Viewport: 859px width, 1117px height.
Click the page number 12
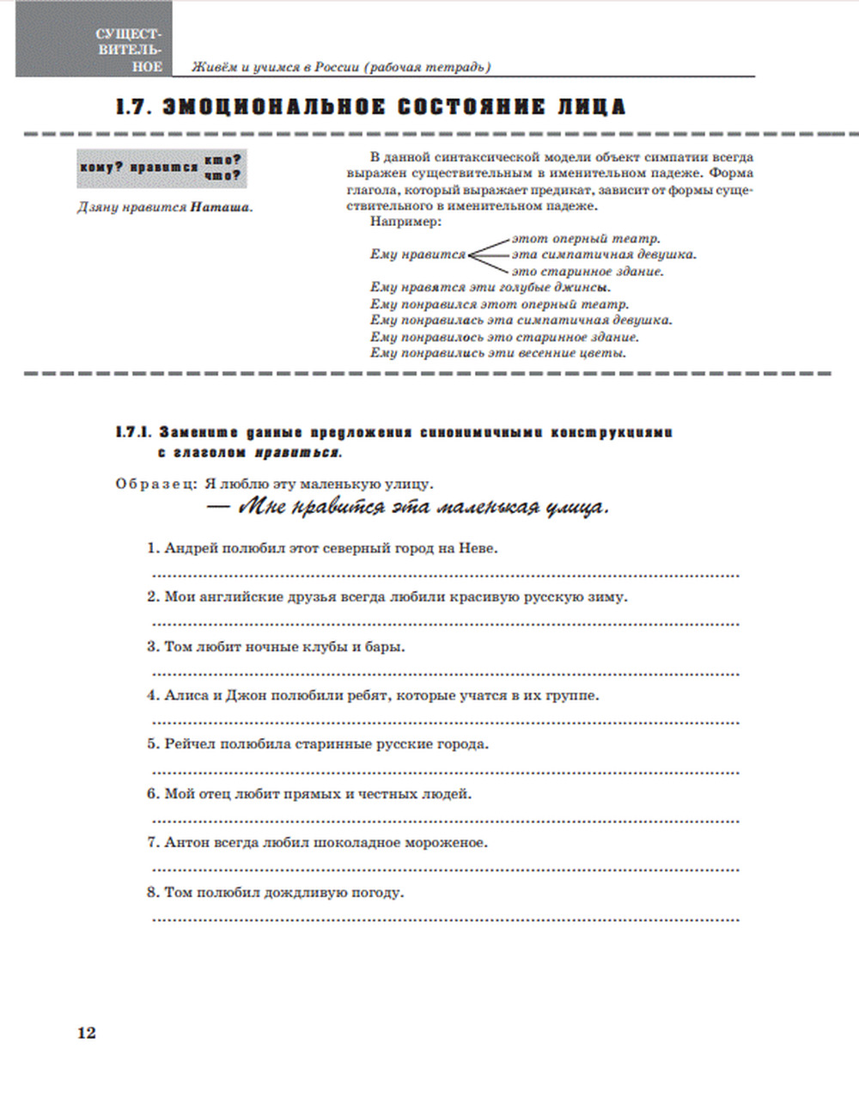coord(87,1032)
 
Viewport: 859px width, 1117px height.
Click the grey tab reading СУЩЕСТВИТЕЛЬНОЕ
coord(129,50)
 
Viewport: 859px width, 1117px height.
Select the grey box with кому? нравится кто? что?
coord(161,168)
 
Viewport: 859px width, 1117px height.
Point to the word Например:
coord(405,222)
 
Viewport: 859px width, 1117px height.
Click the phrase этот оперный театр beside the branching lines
coord(586,239)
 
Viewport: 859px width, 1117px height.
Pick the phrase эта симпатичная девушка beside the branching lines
coord(603,254)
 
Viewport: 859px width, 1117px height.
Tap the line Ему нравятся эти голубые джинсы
coord(490,287)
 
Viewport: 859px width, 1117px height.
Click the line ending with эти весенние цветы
coord(498,352)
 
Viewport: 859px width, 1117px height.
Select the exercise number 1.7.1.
coord(133,432)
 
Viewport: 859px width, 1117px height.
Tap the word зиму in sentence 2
coord(608,597)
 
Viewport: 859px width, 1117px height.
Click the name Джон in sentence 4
coord(245,695)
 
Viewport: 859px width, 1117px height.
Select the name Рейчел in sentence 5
coord(190,744)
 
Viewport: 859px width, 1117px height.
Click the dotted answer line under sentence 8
coord(445,919)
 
